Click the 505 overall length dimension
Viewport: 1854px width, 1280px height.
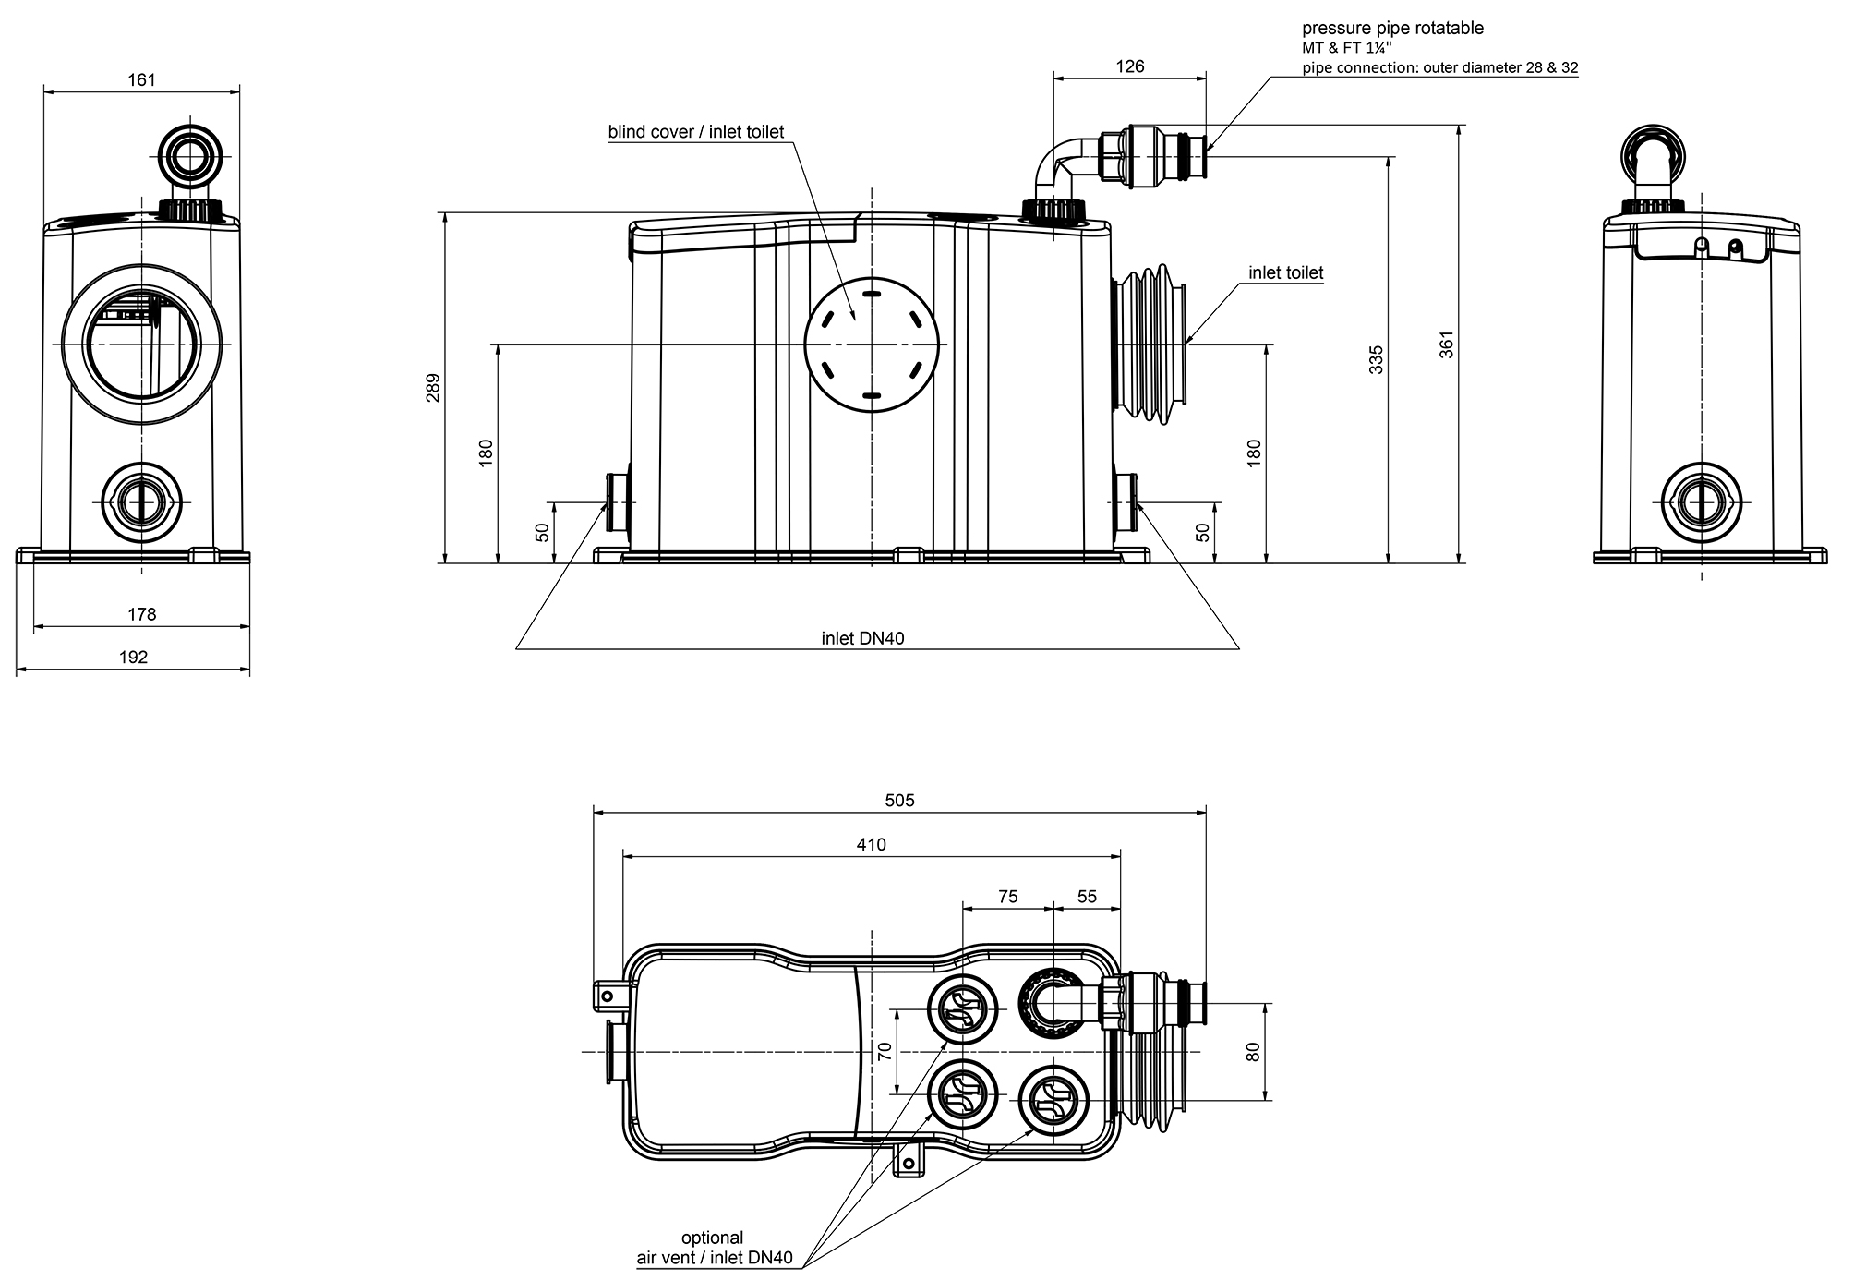click(899, 801)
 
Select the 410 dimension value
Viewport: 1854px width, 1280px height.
click(871, 844)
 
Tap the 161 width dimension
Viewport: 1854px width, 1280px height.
click(141, 80)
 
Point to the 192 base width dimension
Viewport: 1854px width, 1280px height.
click(134, 658)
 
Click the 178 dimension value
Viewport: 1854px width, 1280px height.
click(141, 614)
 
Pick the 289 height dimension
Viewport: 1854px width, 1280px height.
click(434, 388)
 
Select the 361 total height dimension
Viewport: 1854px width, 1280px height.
click(1447, 344)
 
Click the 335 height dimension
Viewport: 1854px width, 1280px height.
click(1377, 359)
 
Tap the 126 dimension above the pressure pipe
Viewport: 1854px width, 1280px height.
click(1129, 66)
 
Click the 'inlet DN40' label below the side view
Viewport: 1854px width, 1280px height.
click(862, 638)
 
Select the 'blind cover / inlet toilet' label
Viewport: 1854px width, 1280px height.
click(695, 132)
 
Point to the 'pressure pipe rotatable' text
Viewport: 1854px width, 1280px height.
click(1392, 29)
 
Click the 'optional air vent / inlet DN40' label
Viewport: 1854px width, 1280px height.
click(713, 1248)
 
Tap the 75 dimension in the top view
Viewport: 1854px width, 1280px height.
click(1007, 897)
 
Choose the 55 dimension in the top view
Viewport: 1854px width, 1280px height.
click(1087, 897)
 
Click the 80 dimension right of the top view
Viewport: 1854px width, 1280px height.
click(1253, 1052)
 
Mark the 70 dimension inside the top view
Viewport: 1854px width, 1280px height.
click(885, 1052)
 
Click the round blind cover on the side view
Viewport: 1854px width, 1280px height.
click(871, 344)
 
